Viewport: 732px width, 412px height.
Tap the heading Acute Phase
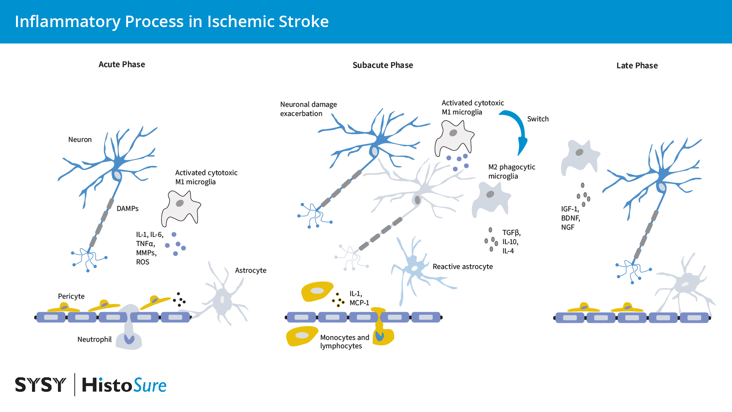tap(122, 64)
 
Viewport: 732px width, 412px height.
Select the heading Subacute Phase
tap(382, 65)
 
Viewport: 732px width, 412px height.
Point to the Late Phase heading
tap(637, 66)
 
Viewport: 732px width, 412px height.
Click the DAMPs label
tap(127, 209)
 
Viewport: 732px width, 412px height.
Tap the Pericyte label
tap(71, 296)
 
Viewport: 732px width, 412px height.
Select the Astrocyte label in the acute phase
tap(250, 270)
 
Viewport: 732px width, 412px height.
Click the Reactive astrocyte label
tap(462, 267)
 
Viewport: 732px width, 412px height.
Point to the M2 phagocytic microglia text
tap(511, 172)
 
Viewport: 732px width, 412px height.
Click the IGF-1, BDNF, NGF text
tap(570, 218)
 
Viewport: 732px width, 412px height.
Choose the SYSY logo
tap(40, 385)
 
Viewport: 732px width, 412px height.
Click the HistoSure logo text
tap(124, 385)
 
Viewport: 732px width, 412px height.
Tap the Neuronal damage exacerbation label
tap(308, 109)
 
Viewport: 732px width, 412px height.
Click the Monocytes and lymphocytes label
tap(344, 342)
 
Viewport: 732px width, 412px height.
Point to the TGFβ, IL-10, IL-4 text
tap(511, 242)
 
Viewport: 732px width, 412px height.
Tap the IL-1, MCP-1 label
tap(359, 298)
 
